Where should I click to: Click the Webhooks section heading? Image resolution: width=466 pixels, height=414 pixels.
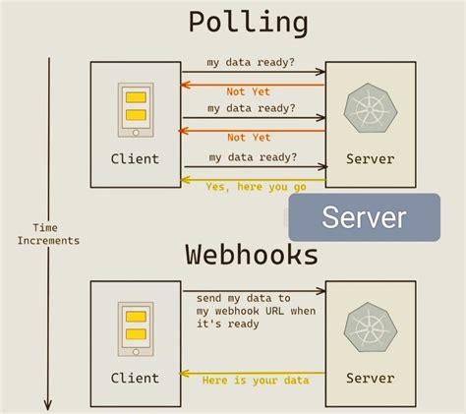[252, 255]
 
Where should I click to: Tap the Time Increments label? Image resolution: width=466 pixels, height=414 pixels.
[48, 234]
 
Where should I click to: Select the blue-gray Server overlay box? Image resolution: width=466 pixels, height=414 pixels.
[364, 217]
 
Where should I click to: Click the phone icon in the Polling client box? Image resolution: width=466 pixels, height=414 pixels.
[136, 111]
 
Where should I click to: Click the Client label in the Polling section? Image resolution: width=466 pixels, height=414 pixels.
[135, 159]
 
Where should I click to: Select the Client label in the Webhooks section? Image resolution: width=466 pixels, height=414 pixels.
[135, 379]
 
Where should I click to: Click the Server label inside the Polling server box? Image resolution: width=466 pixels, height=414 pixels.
[371, 159]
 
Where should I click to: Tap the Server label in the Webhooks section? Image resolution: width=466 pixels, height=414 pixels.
[371, 379]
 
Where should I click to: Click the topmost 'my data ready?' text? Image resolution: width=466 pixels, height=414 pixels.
[251, 63]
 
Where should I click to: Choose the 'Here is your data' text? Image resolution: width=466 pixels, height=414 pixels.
[255, 381]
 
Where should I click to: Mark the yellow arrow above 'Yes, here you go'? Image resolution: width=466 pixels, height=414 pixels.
[253, 177]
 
